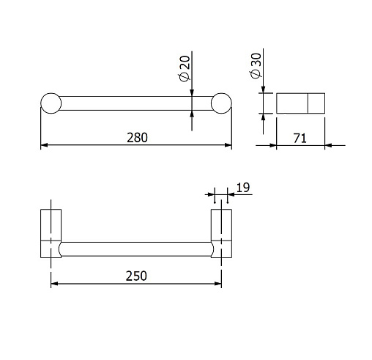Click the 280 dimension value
pyautogui.click(x=137, y=138)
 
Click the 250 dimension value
pyautogui.click(x=136, y=276)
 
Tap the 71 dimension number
pyautogui.click(x=300, y=139)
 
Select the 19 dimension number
pyautogui.click(x=243, y=188)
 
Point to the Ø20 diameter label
pyautogui.click(x=185, y=69)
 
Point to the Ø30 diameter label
pyautogui.click(x=256, y=66)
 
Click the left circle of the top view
pyautogui.click(x=51, y=103)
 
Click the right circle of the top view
pyautogui.click(x=221, y=103)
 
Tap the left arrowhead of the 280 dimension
pyautogui.click(x=44, y=145)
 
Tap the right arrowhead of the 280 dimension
pyautogui.click(x=228, y=145)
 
